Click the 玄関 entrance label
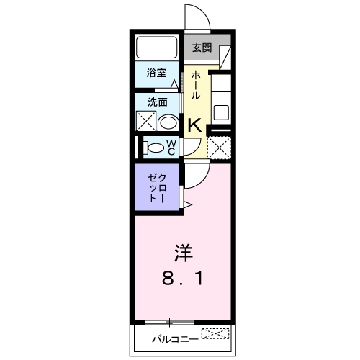[x=202, y=48]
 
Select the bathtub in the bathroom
[x=157, y=48]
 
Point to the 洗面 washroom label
[x=156, y=102]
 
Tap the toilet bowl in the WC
[x=153, y=148]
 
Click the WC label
[x=171, y=148]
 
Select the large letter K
[x=194, y=125]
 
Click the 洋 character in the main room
[x=182, y=253]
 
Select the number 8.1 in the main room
[x=182, y=277]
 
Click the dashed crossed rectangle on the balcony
[x=216, y=333]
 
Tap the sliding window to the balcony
[x=169, y=321]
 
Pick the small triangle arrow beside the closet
[x=187, y=206]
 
